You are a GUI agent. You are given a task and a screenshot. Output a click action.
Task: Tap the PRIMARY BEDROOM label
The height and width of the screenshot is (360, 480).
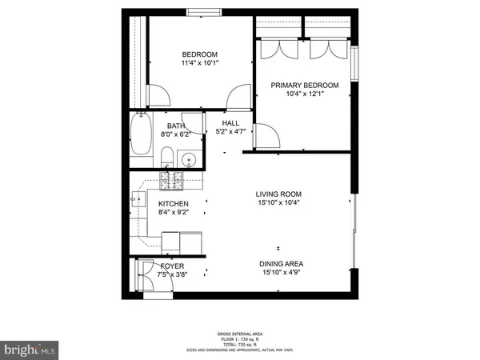305,85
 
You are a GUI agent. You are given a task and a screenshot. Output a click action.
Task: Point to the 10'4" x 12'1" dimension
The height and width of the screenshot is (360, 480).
305,94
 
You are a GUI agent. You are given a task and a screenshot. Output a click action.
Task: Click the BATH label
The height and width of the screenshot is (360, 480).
176,126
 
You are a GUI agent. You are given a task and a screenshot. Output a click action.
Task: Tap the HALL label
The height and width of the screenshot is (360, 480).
231,122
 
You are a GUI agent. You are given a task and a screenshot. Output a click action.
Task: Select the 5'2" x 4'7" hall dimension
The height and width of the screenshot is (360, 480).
231,132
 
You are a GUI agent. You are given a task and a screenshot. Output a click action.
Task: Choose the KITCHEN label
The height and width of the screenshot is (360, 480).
174,204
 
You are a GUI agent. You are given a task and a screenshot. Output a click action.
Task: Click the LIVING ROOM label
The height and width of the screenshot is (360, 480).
278,194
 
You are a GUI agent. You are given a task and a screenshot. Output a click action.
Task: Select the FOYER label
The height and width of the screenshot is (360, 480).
173,266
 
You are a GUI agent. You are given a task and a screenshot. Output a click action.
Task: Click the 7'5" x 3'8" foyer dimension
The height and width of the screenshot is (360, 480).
173,275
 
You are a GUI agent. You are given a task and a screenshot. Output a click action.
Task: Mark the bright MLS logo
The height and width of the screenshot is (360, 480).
29,349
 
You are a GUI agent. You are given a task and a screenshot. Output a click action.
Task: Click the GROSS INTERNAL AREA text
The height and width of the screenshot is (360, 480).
240,334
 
